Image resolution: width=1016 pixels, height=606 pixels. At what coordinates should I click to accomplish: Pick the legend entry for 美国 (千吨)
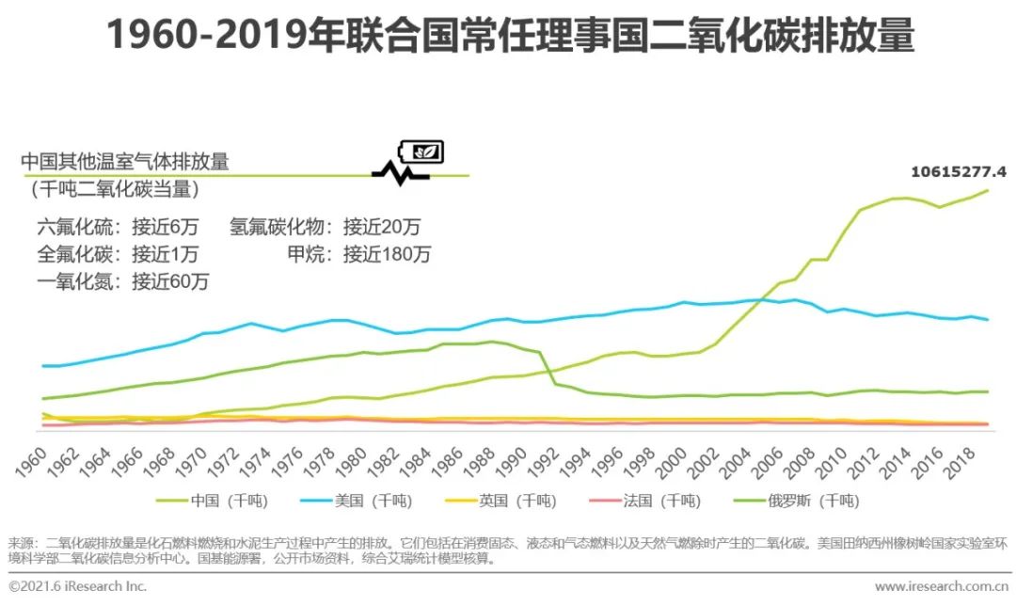371,501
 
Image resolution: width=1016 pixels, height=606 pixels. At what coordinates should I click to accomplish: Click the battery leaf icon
422,151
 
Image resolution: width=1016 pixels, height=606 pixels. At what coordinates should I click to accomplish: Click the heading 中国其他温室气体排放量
125,162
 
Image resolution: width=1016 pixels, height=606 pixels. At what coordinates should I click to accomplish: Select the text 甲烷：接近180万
358,254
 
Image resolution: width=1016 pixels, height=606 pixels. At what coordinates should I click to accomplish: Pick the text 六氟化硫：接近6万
118,227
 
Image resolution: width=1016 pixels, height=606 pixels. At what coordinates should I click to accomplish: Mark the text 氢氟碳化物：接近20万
325,227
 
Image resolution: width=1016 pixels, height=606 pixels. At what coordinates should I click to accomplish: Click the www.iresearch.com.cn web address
943,587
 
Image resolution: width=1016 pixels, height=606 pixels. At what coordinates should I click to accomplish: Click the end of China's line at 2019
988,190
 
